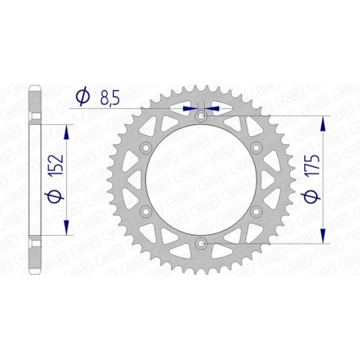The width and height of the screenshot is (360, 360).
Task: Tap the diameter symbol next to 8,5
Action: (x=81, y=96)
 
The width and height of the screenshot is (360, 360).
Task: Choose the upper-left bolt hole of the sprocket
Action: (x=146, y=148)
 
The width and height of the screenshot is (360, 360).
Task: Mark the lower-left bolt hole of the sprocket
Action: (x=146, y=211)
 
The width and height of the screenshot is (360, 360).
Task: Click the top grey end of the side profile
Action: (x=33, y=93)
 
